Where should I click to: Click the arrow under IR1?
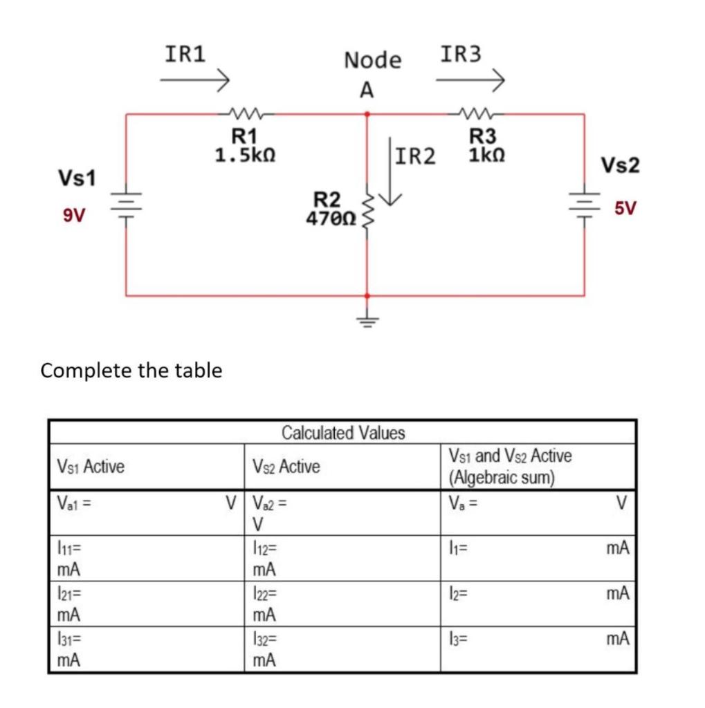tap(194, 82)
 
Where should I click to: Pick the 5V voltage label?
tap(626, 208)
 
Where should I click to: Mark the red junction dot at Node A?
tap(367, 114)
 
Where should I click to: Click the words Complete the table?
tap(131, 371)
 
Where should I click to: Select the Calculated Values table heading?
tap(343, 434)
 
